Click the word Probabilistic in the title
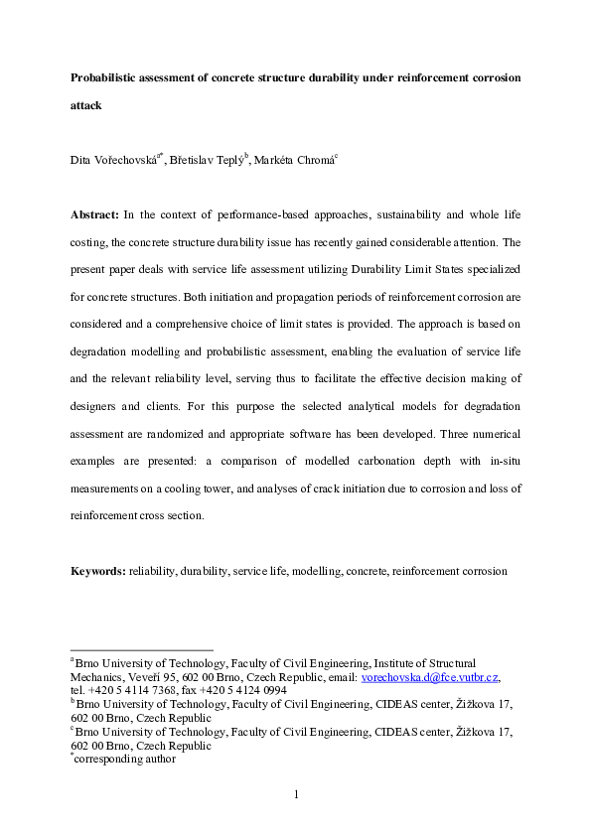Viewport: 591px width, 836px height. [106, 76]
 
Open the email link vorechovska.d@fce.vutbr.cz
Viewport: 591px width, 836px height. [430, 677]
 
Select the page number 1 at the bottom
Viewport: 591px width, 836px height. [295, 793]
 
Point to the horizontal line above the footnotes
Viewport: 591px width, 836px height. [141, 650]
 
